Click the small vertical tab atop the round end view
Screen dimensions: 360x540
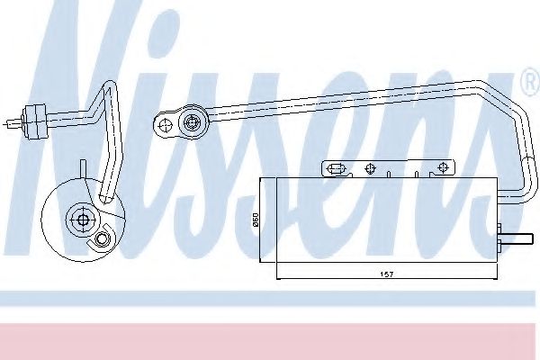click(x=84, y=168)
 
